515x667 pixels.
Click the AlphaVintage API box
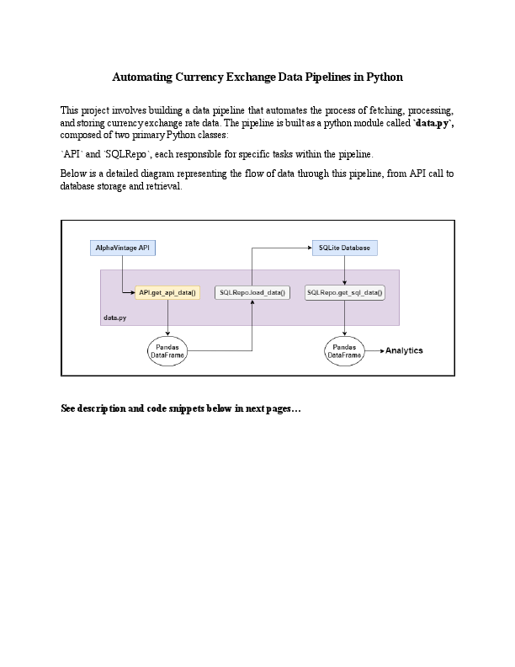point(124,248)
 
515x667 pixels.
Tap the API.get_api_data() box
point(167,293)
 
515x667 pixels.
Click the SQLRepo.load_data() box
point(252,293)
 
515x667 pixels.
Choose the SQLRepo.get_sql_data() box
point(345,293)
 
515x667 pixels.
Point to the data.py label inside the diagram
point(115,318)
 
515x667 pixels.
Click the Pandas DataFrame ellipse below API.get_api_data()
point(167,351)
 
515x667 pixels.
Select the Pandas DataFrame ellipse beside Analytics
point(345,351)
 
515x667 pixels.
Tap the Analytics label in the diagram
point(404,350)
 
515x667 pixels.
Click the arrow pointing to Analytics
point(374,350)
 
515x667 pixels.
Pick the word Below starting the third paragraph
point(73,173)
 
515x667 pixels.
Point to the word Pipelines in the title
point(330,77)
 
